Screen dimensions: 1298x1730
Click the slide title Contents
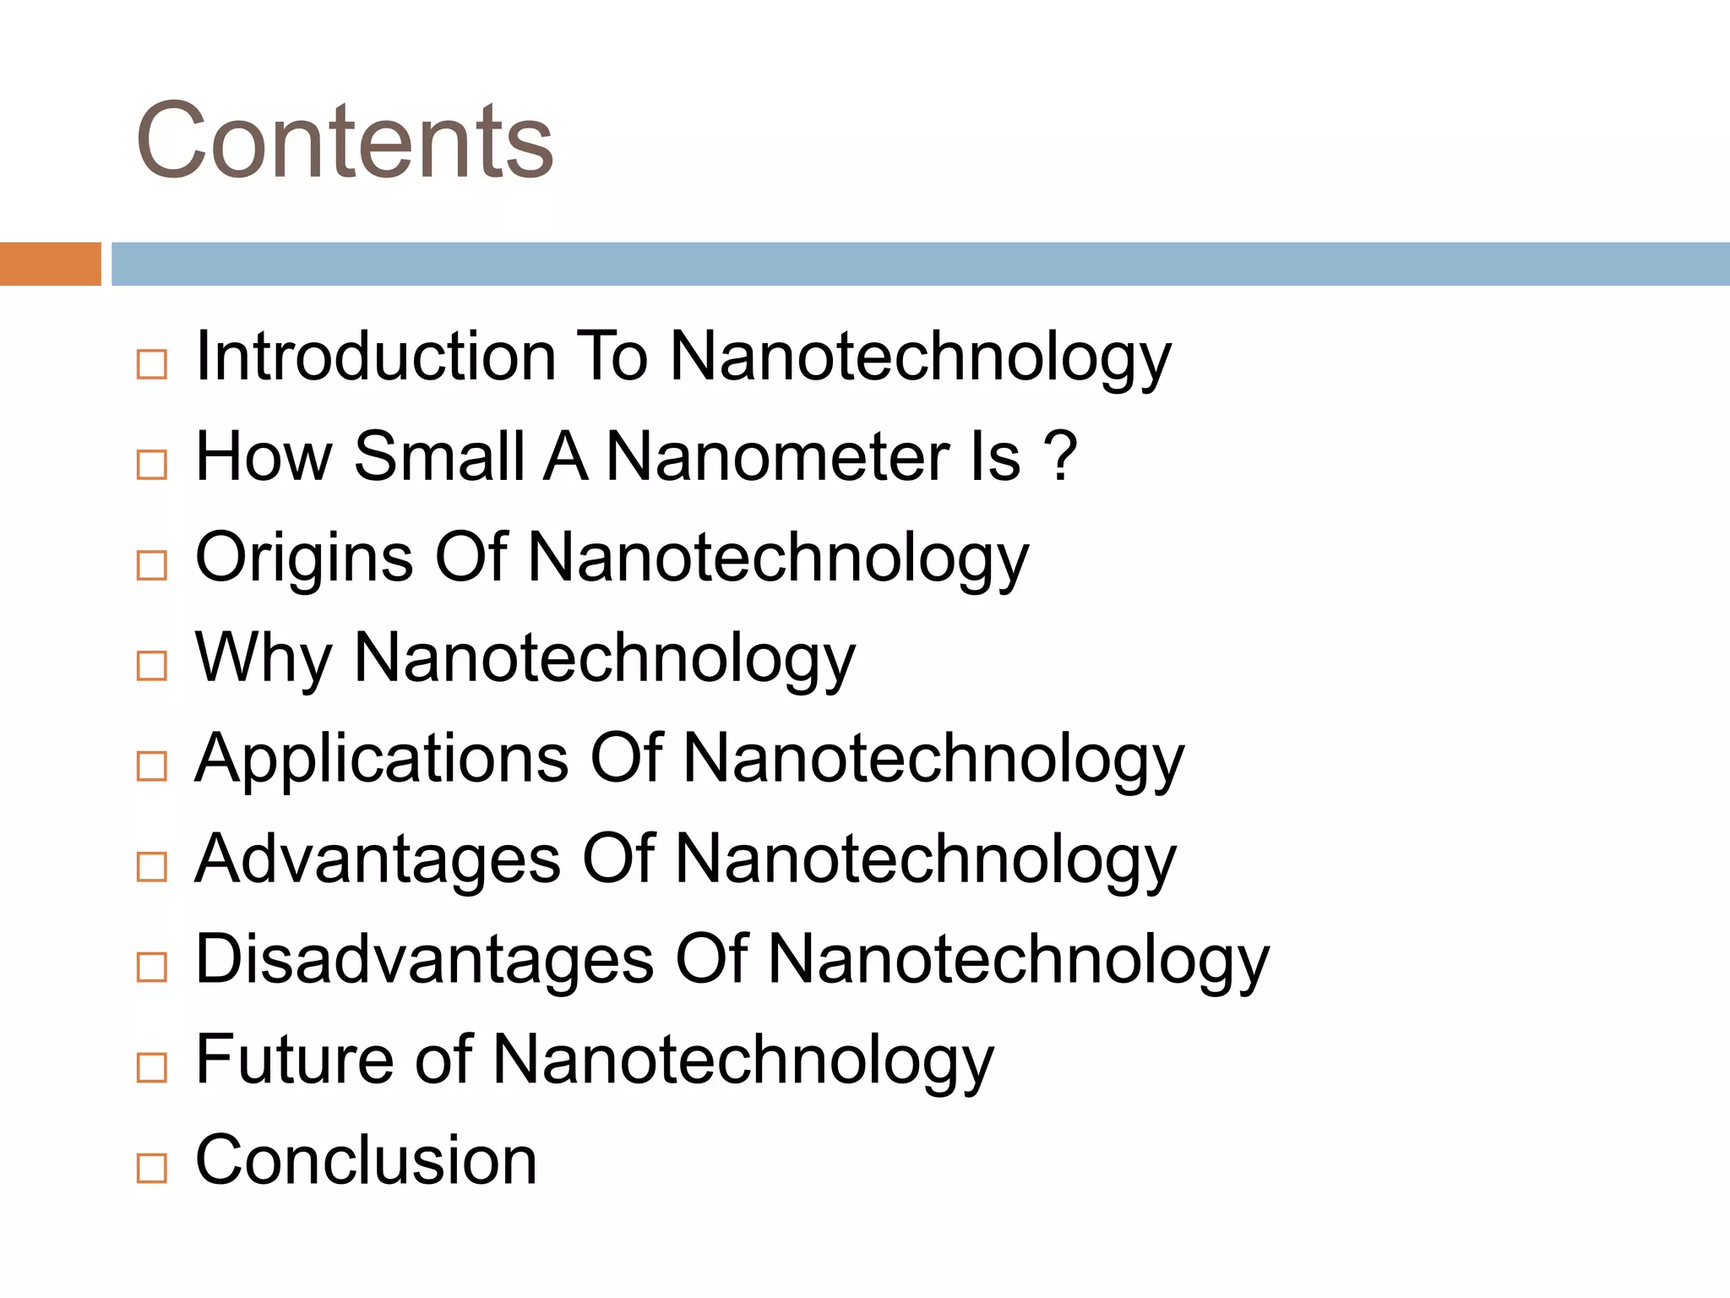[344, 140]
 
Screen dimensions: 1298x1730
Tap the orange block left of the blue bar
[50, 264]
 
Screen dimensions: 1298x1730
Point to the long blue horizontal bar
[920, 264]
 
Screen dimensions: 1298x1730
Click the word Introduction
[375, 356]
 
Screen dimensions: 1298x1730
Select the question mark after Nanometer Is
[1060, 456]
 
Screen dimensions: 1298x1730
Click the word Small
[439, 456]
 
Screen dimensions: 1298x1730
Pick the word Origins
[304, 558]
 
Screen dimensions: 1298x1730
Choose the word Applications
[382, 759]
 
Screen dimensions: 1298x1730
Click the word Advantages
[378, 859]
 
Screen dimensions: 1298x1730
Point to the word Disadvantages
[424, 960]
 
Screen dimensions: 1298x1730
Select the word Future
[292, 1060]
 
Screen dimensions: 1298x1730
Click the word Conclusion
[366, 1160]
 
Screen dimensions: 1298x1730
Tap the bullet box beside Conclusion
[152, 1169]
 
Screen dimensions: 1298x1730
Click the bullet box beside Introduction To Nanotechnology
[152, 364]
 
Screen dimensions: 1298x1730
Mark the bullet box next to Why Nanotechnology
[152, 666]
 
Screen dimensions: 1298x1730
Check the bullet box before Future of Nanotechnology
[152, 1068]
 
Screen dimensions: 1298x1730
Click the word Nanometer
[778, 456]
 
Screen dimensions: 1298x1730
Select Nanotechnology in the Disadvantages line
[1018, 960]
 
